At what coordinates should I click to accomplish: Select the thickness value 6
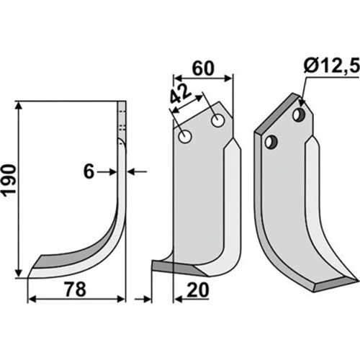[x=89, y=172]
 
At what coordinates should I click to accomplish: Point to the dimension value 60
[x=203, y=68]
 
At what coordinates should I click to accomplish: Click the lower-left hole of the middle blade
[x=184, y=137]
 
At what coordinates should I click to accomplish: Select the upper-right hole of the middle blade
[x=218, y=120]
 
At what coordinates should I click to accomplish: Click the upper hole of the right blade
[x=299, y=114]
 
